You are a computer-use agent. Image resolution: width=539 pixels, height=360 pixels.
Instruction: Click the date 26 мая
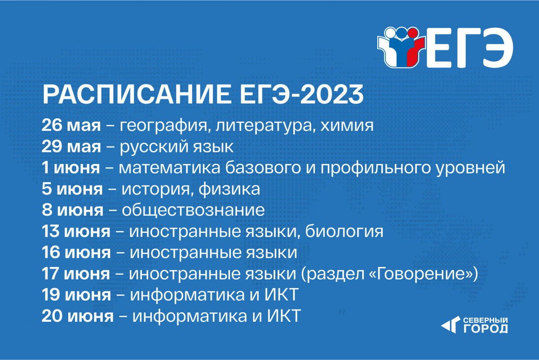71,125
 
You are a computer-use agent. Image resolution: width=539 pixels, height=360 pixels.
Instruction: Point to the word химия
347,126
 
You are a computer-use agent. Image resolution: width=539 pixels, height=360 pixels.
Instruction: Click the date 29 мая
71,147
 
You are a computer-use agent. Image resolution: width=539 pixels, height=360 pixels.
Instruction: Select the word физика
229,189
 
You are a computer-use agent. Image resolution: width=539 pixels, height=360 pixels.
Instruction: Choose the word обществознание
193,210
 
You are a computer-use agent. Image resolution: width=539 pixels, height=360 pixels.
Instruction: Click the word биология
344,231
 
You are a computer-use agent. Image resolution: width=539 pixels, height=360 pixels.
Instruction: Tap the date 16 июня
76,253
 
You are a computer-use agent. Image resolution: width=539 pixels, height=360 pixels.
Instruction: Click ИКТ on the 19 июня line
282,294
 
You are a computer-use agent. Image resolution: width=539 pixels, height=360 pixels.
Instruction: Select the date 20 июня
77,316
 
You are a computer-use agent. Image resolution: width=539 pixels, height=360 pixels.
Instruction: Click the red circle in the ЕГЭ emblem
413,32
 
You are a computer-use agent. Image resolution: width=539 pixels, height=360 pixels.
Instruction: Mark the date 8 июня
73,210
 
